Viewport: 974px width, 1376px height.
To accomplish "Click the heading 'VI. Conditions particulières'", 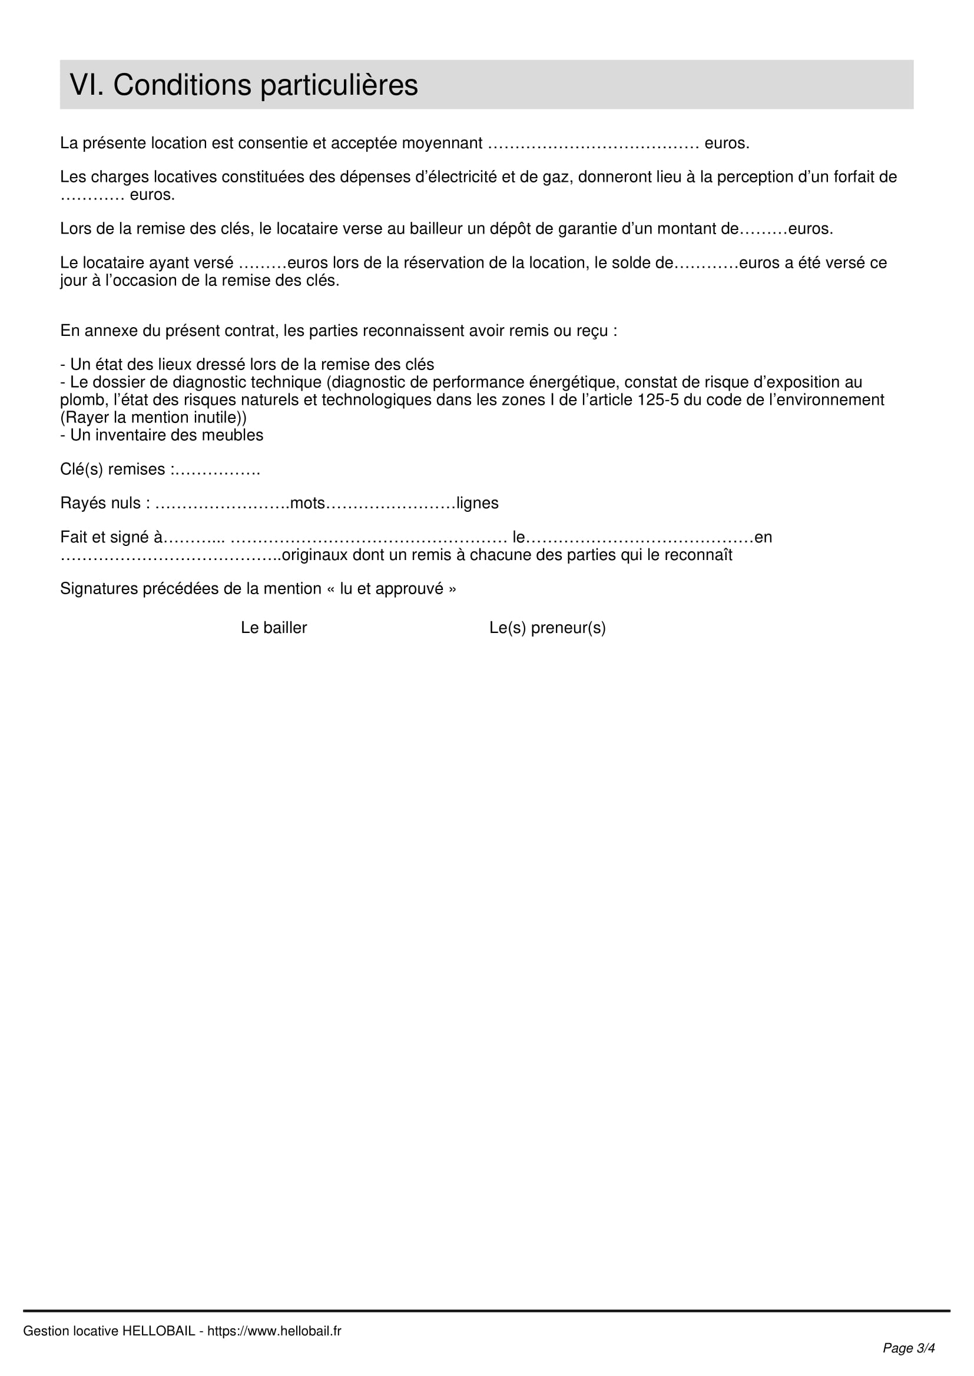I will (x=244, y=85).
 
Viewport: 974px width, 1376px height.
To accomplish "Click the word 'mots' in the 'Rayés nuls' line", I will (x=307, y=504).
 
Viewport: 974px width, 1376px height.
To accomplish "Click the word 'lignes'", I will (x=478, y=504).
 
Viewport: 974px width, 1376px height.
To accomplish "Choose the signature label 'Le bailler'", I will (x=273, y=628).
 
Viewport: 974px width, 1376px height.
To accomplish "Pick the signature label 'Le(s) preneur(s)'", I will (x=547, y=628).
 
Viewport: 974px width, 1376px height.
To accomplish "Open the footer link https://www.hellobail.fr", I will (x=274, y=1331).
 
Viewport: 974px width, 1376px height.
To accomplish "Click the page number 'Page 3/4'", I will (x=909, y=1348).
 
